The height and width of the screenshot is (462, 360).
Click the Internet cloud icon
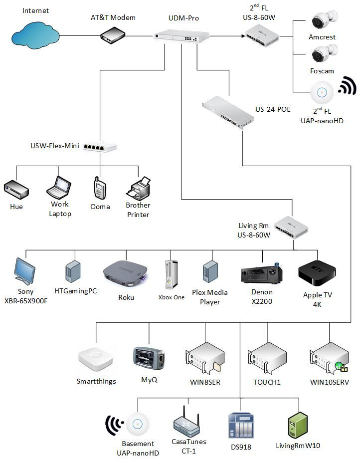(x=35, y=34)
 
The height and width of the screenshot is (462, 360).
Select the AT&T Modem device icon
(x=113, y=35)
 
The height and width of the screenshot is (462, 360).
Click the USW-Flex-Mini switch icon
(x=100, y=147)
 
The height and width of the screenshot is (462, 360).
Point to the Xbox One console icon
(x=171, y=275)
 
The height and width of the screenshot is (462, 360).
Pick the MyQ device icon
(x=149, y=358)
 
